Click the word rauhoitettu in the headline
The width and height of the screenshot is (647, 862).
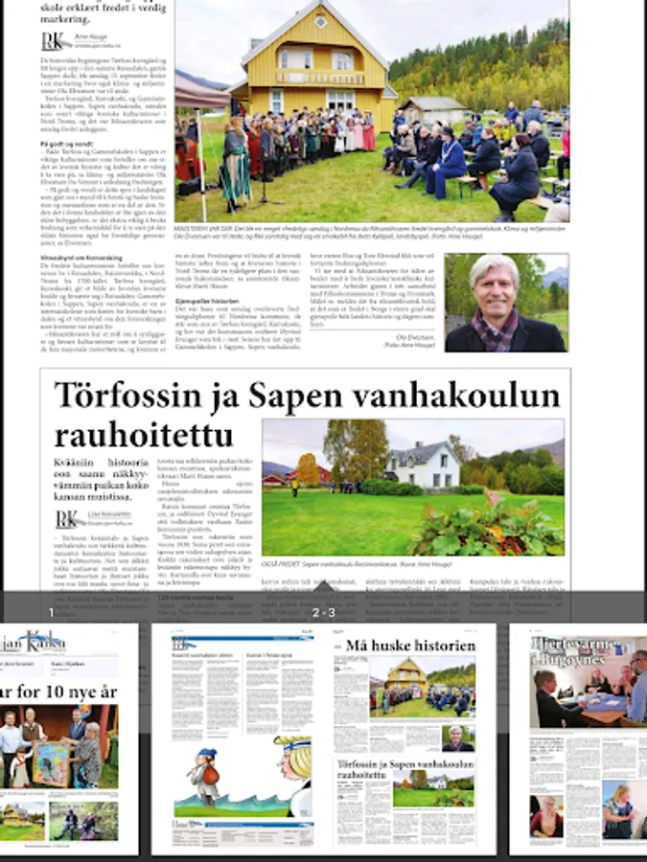pos(143,436)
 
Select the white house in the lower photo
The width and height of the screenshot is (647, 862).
pos(423,465)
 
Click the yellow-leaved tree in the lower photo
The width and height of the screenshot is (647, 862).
pos(308,468)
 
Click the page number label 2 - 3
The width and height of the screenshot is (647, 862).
pos(323,612)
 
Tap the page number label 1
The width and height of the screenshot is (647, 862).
pos(52,612)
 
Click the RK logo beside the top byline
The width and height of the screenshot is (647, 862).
pos(54,41)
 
